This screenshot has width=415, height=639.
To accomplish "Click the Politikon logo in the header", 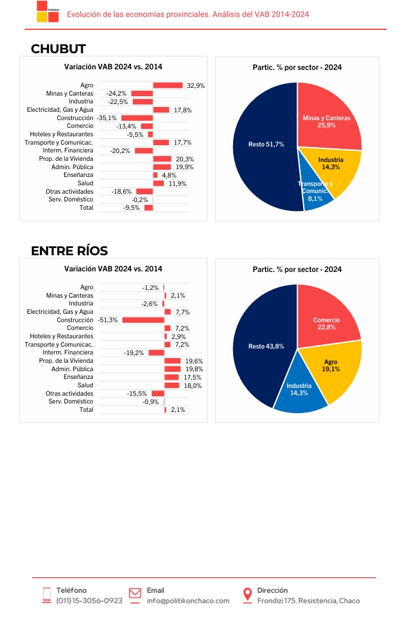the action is coord(48,11).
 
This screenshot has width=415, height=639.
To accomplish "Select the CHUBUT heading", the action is coord(58,49).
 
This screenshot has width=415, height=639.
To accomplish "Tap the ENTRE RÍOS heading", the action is coord(69,250).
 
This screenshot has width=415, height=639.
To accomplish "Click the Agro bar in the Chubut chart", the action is coord(168,85).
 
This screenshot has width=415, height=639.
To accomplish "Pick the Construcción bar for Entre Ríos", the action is coord(143,320).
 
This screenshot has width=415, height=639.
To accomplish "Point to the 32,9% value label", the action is coord(196,85).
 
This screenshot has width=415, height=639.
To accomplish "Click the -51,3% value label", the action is coord(108,320).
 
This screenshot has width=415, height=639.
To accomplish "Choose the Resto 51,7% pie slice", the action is coord(265,146).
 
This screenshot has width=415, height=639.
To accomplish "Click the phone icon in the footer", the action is coord(47,595).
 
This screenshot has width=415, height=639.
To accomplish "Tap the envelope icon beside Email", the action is coord(135,594).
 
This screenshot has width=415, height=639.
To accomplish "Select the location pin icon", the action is coord(247,595).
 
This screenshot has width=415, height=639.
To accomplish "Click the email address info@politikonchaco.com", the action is coord(188,601).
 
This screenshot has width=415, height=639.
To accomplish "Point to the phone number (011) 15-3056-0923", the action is coord(89,601).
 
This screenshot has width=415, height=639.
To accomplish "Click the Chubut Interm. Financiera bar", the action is coord(144,151).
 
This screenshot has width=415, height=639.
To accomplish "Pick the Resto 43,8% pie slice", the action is coord(261,346).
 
